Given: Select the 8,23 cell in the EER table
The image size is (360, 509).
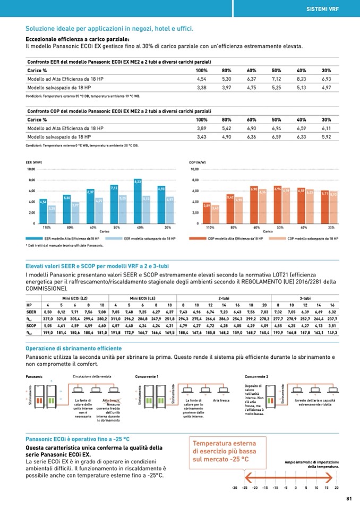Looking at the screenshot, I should tap(301, 79).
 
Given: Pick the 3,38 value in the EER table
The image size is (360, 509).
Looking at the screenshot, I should tap(201, 87).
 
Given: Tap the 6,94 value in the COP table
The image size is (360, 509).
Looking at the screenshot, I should tap(276, 128).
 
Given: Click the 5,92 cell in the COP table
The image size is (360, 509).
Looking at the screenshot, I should tap(326, 136).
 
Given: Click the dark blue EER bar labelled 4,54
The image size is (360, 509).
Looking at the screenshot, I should tap(43, 211).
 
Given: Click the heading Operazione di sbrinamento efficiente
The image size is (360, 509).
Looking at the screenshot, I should tap(73, 349).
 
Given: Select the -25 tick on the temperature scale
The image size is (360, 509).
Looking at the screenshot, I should tap(245, 487).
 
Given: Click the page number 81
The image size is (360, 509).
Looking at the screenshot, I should tap(349, 498).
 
